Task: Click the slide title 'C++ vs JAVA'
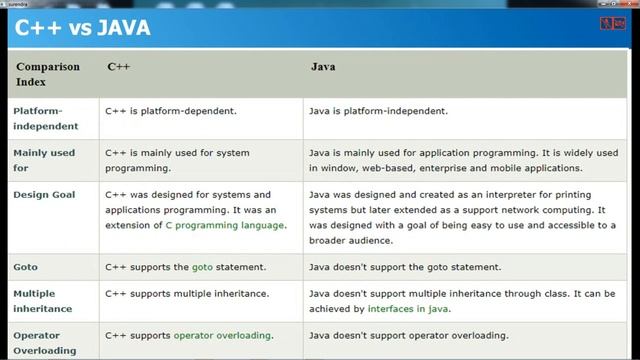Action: tap(82, 27)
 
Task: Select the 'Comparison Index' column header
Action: tap(47, 74)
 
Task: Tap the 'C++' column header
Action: tap(118, 67)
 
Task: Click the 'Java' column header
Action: tap(322, 67)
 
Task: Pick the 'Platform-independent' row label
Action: tap(38, 117)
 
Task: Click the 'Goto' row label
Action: tap(25, 267)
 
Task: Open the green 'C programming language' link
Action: tap(225, 225)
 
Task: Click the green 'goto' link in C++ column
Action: tap(202, 267)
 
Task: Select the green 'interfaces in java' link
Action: tap(407, 309)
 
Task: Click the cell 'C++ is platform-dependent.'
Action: tap(171, 110)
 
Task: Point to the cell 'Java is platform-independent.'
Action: tap(378, 110)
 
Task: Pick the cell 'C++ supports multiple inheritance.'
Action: tap(187, 294)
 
